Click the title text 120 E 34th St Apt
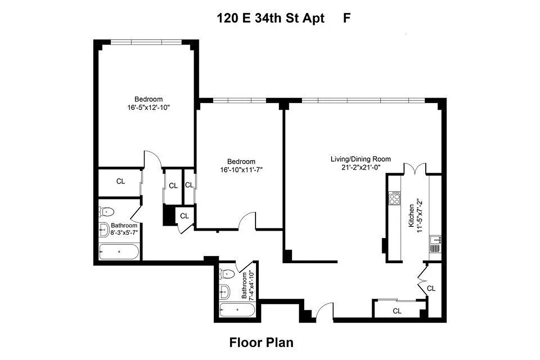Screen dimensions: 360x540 (x=270, y=18)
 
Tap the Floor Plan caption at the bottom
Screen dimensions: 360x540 (x=261, y=342)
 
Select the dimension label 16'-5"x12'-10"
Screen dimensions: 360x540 (x=148, y=108)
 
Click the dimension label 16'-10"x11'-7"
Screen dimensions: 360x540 (x=241, y=170)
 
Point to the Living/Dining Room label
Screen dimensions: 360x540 (x=360, y=159)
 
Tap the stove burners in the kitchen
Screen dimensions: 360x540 (x=395, y=198)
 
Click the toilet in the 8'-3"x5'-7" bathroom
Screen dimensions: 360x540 (x=107, y=211)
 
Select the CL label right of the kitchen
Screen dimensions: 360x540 (x=431, y=288)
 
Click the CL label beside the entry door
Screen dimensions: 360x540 (x=397, y=310)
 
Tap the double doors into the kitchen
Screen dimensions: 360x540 (x=414, y=168)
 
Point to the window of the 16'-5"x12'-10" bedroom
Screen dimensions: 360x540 (x=146, y=42)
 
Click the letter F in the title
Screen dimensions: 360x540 (x=347, y=18)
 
